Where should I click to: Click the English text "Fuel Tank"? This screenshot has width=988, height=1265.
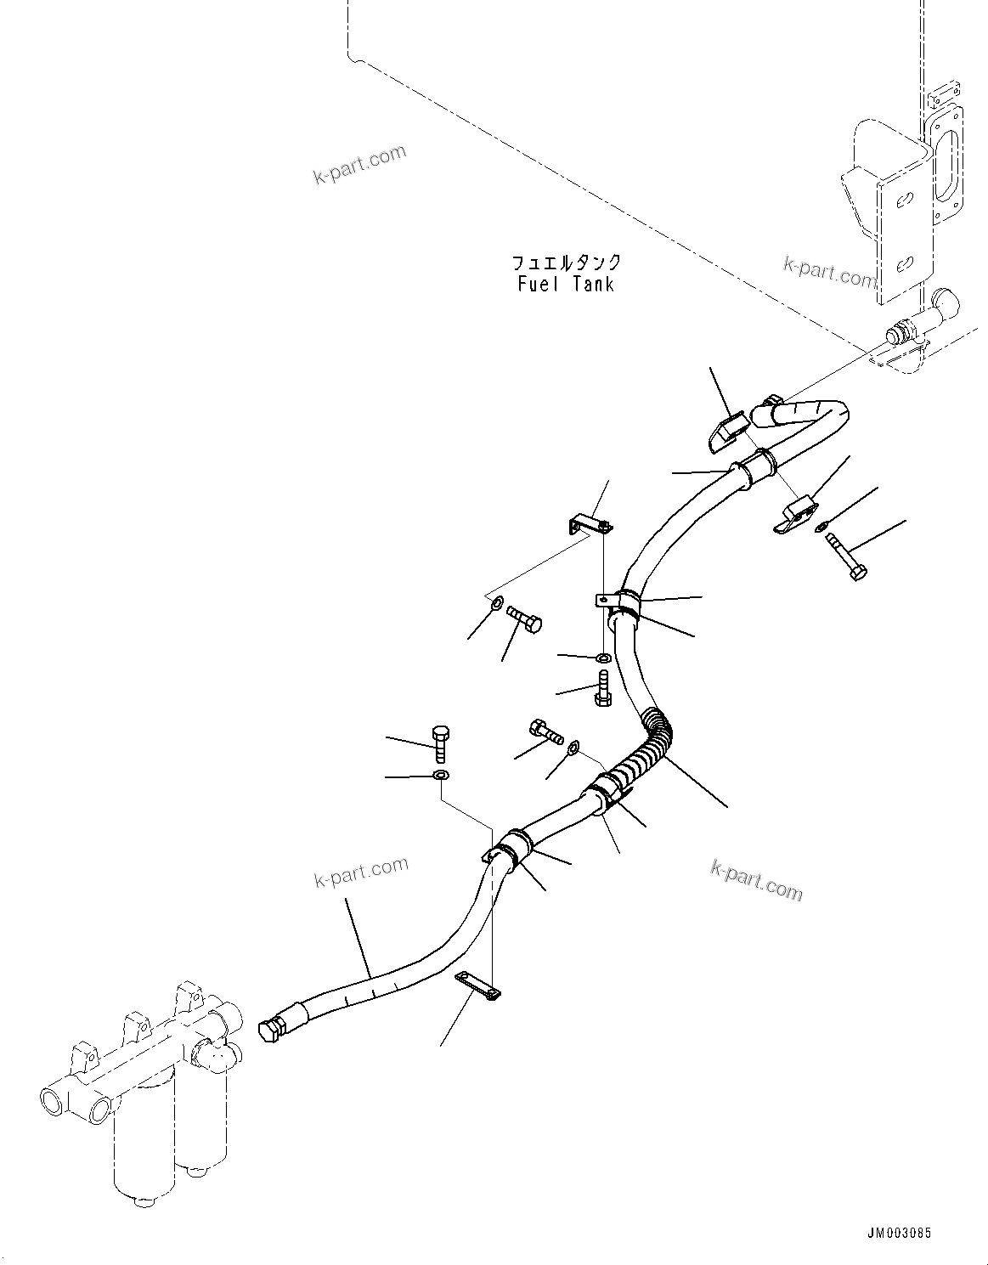(x=566, y=284)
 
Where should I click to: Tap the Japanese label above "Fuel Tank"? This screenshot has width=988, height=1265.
(x=566, y=263)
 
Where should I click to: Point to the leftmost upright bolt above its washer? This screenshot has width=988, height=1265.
(x=440, y=743)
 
